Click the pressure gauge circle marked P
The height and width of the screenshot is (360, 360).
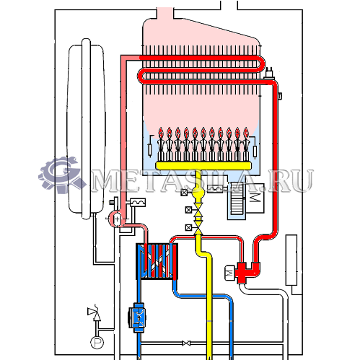(x=97, y=342)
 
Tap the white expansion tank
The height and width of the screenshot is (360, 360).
(x=86, y=128)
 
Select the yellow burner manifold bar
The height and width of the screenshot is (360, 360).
(x=203, y=166)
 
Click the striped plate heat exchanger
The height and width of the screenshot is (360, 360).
(x=157, y=261)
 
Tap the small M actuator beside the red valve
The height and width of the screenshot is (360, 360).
(x=229, y=273)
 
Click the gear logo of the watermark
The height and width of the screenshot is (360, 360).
(x=61, y=175)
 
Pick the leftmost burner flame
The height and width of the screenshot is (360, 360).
(x=161, y=133)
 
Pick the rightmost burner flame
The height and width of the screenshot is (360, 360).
(x=246, y=133)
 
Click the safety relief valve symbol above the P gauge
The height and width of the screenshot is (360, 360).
(x=95, y=312)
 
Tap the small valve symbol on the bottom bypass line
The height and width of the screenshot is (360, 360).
(x=186, y=343)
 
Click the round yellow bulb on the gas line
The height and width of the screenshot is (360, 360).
(x=198, y=192)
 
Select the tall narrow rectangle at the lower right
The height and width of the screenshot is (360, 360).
(x=291, y=260)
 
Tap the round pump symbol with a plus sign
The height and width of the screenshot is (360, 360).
(x=117, y=219)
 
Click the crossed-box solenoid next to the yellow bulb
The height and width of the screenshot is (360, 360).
(x=184, y=193)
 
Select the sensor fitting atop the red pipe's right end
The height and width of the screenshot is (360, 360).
(x=270, y=74)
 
